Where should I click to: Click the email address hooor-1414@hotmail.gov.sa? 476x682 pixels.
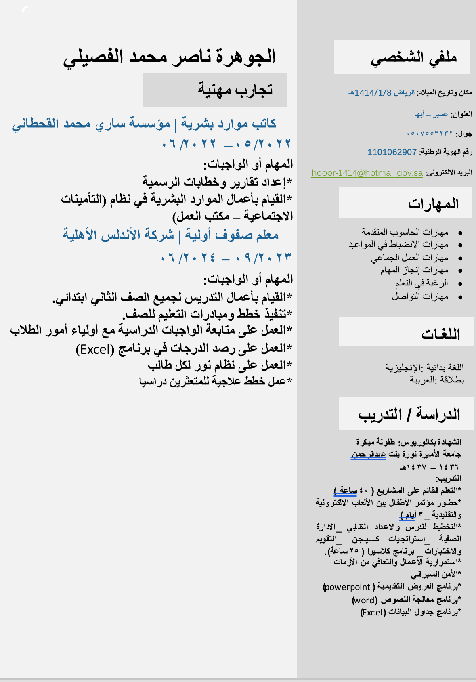click(x=367, y=173)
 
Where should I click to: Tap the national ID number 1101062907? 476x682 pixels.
click(x=392, y=152)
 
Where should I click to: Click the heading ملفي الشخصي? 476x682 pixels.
click(x=413, y=58)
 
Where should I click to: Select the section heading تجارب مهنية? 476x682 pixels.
click(x=235, y=89)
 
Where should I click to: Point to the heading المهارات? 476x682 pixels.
click(x=433, y=203)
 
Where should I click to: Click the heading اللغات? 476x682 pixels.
click(x=440, y=334)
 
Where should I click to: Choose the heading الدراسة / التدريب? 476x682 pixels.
click(x=409, y=414)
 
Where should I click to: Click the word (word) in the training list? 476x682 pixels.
click(x=365, y=600)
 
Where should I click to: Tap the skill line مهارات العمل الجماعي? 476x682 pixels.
click(x=409, y=258)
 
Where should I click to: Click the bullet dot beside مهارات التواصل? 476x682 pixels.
click(x=460, y=297)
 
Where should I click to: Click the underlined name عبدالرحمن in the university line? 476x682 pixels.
click(x=368, y=454)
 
